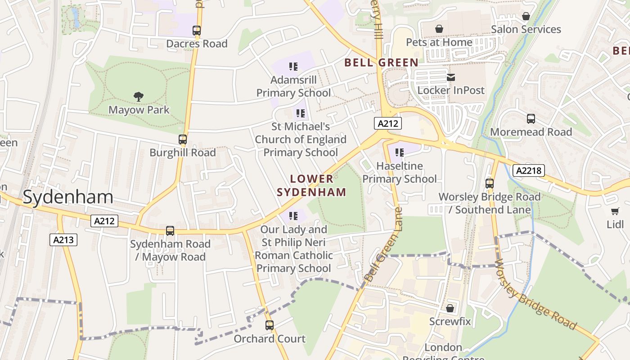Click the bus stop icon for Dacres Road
(197, 31)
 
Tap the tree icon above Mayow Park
(139, 96)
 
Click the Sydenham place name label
(68, 197)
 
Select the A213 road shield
(63, 240)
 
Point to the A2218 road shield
(529, 171)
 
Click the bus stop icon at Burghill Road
(182, 139)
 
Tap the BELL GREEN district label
(382, 63)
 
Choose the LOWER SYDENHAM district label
(311, 185)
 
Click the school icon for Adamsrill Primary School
(293, 67)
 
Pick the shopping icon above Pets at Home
(439, 29)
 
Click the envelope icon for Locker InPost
(451, 77)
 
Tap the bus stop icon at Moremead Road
(531, 119)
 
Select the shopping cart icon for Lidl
(615, 211)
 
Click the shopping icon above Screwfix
(450, 308)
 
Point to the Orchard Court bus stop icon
(269, 325)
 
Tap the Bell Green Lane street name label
(382, 245)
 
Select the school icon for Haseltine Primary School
(399, 153)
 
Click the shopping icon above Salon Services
(526, 17)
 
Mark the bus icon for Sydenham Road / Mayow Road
(170, 231)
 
